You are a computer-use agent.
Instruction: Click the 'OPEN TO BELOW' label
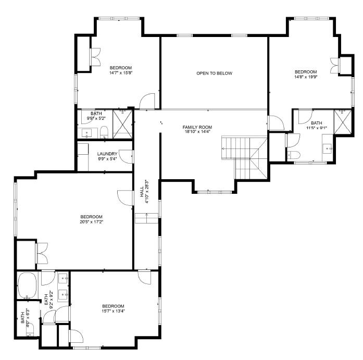214,73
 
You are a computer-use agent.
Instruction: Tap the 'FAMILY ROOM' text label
197,127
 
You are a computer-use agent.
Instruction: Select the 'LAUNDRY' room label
107,154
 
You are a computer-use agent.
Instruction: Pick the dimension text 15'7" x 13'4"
113,311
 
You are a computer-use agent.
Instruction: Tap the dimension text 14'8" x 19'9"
306,77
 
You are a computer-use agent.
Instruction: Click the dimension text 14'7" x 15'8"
120,73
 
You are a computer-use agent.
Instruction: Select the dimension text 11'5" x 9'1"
316,128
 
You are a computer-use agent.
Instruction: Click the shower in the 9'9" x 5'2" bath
122,124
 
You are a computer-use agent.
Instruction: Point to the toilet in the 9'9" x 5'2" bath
104,130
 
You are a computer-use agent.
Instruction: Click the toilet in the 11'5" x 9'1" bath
294,155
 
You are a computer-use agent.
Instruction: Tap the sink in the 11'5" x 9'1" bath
328,148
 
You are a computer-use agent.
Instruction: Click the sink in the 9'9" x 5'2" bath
86,131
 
